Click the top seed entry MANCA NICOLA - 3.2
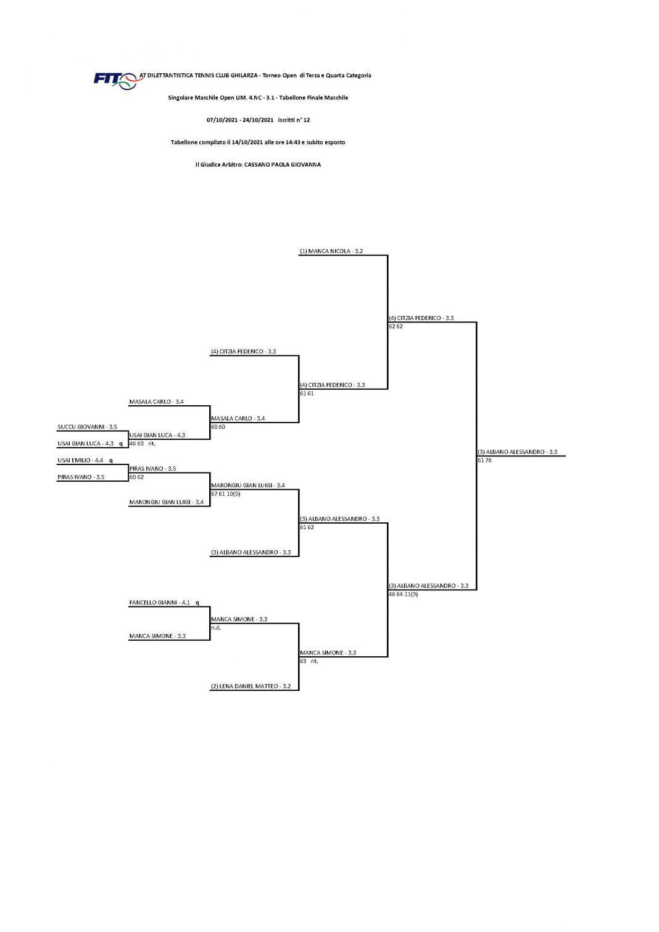pyautogui.click(x=331, y=251)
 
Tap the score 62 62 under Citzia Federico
pyautogui.click(x=396, y=326)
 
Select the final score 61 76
pyautogui.click(x=484, y=460)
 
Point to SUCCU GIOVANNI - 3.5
pyautogui.click(x=88, y=426)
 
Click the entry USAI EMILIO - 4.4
pyautogui.click(x=80, y=460)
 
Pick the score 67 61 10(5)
pyautogui.click(x=226, y=494)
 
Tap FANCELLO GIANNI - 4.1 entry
pyautogui.click(x=159, y=602)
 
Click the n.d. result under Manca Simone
pyautogui.click(x=215, y=627)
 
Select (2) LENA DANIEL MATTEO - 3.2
pyautogui.click(x=251, y=686)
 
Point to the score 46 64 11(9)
pyautogui.click(x=404, y=594)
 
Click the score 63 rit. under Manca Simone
pyautogui.click(x=309, y=661)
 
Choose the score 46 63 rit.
pyautogui.click(x=142, y=443)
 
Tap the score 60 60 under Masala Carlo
pyautogui.click(x=218, y=426)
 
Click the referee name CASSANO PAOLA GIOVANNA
pyautogui.click(x=282, y=164)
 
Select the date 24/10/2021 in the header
pyautogui.click(x=258, y=120)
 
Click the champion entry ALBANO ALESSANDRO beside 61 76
pyautogui.click(x=517, y=452)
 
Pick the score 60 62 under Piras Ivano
pyautogui.click(x=136, y=477)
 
